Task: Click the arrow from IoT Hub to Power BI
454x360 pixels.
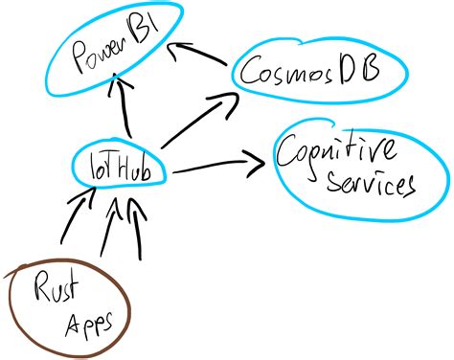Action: tap(121, 110)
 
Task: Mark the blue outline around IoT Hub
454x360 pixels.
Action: tap(165, 172)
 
